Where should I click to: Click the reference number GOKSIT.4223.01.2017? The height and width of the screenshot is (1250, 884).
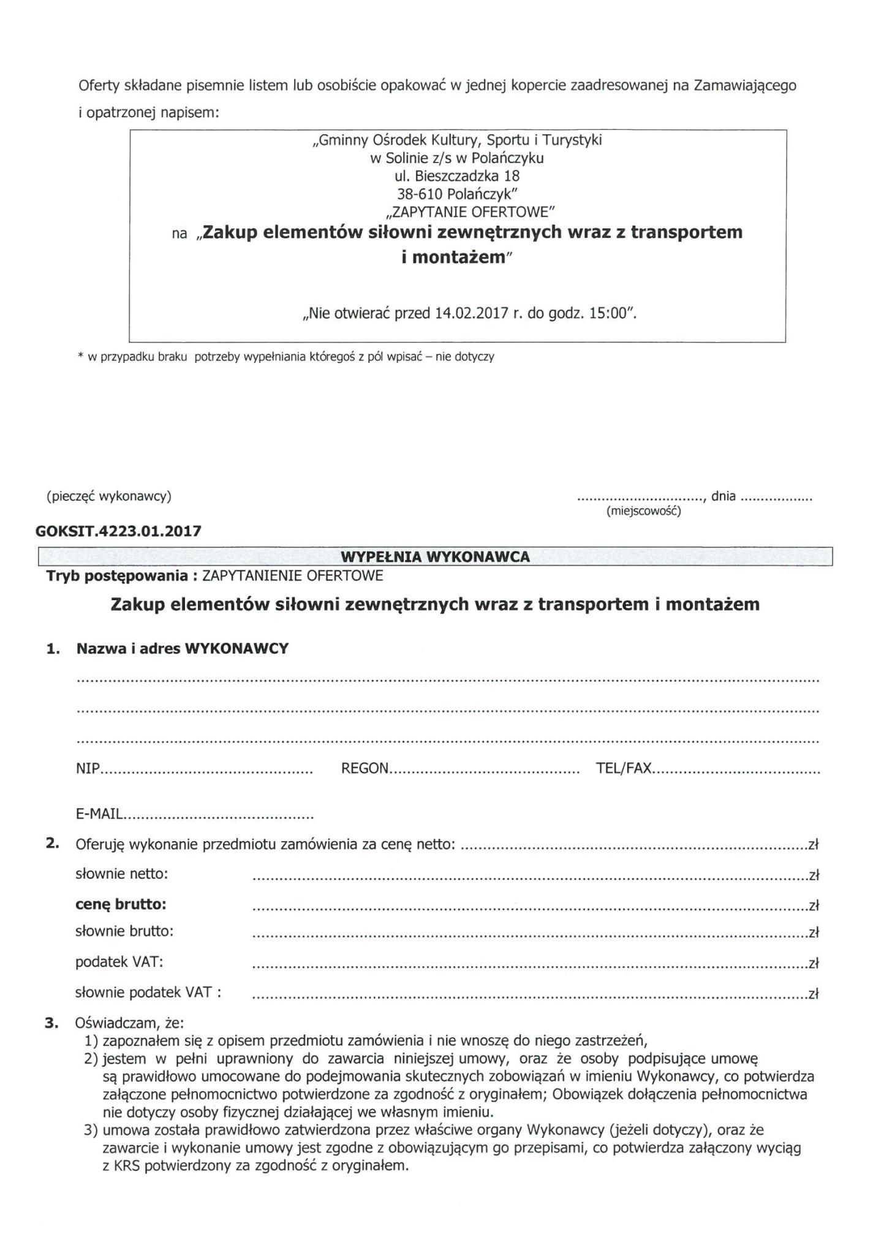click(x=118, y=531)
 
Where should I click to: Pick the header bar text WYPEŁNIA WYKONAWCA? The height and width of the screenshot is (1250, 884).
click(x=435, y=557)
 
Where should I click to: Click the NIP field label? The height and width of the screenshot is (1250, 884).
click(x=88, y=768)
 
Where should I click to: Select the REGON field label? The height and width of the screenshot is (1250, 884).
click(x=365, y=768)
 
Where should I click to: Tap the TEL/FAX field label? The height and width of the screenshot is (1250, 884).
click(x=623, y=768)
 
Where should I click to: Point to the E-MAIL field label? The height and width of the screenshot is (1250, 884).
click(x=99, y=814)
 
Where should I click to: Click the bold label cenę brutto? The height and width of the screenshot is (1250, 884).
click(x=121, y=904)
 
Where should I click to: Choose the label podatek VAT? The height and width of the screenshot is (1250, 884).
click(x=119, y=962)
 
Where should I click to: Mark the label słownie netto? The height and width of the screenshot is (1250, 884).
click(x=121, y=874)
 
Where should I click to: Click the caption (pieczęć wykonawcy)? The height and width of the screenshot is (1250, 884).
click(x=109, y=496)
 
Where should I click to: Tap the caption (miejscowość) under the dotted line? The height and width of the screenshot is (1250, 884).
click(x=643, y=511)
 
